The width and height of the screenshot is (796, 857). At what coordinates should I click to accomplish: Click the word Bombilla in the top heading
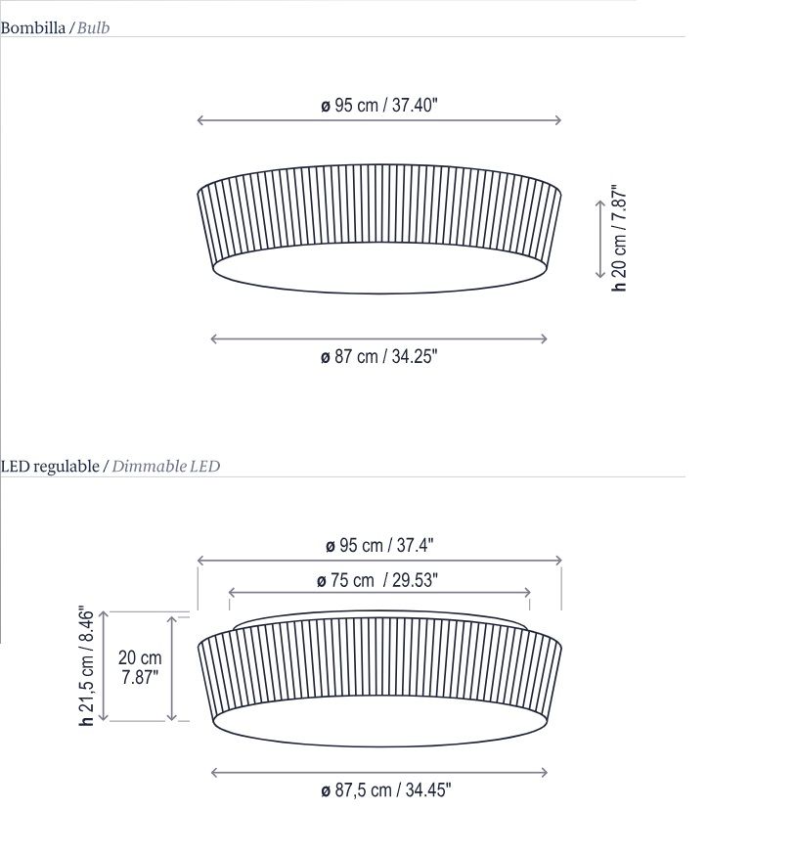click(33, 27)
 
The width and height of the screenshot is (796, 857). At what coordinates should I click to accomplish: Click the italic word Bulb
click(94, 27)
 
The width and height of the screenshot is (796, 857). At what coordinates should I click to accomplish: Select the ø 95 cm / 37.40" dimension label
click(379, 105)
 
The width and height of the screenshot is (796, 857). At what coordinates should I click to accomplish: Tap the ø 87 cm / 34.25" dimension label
click(379, 356)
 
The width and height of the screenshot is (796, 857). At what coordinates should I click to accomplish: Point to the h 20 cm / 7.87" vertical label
click(619, 238)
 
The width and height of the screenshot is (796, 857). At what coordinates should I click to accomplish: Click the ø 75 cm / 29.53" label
click(377, 580)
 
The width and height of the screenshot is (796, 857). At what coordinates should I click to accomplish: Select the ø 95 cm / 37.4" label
click(379, 545)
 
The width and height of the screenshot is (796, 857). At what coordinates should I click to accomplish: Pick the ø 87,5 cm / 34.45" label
click(386, 789)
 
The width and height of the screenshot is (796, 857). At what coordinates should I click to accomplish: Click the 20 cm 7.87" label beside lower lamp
click(140, 667)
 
